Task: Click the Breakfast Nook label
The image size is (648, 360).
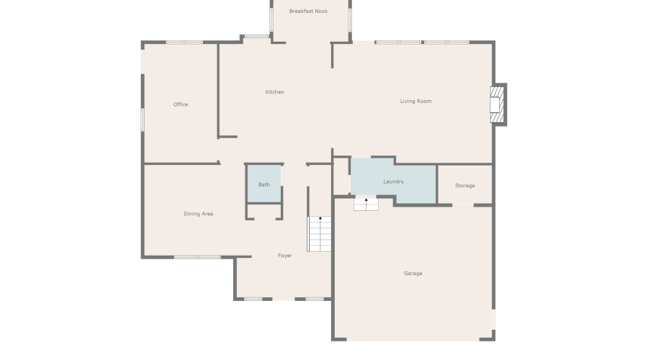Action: pos(308,12)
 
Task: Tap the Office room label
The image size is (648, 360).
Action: pos(181,104)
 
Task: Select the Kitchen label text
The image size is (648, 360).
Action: pos(274,92)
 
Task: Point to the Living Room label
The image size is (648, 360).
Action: pos(415,102)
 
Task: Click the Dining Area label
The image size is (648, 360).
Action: pos(198,214)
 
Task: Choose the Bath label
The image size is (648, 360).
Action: pos(264,185)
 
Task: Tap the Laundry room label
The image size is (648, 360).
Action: pos(393,182)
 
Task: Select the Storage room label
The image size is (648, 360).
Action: pos(465,186)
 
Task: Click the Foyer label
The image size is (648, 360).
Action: pos(285,256)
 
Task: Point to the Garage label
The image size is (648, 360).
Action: pos(413,274)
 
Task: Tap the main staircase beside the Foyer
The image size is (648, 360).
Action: pos(320,233)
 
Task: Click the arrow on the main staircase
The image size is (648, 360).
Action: pos(320,218)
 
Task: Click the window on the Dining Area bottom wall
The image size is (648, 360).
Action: pos(197,257)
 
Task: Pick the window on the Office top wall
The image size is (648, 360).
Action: pos(184,42)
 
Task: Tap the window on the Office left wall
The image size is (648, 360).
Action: pos(143,119)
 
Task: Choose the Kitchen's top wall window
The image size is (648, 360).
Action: pos(256,37)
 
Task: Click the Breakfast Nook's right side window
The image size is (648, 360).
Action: pos(350,20)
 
